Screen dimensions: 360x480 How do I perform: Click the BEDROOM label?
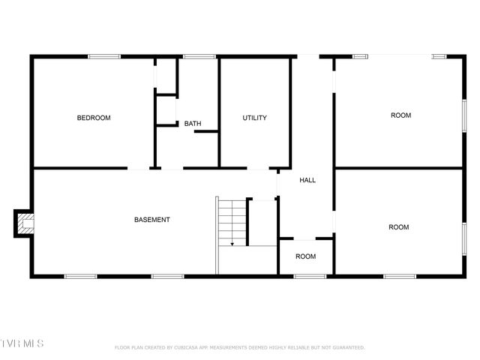click(94, 118)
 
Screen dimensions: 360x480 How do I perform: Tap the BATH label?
click(193, 124)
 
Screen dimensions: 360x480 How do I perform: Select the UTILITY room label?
click(254, 118)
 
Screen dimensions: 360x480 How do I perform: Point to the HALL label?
click(307, 180)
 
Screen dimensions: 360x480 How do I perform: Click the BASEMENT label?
click(151, 220)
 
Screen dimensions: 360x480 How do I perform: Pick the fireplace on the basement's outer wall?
click(25, 223)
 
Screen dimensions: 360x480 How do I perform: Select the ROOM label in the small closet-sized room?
click(305, 256)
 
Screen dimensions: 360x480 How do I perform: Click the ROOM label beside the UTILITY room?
click(400, 115)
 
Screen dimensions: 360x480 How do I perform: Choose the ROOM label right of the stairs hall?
click(398, 226)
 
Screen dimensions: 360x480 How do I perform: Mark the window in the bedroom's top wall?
click(104, 56)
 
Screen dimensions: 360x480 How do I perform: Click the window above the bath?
click(199, 56)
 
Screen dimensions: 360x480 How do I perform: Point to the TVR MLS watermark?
click(22, 343)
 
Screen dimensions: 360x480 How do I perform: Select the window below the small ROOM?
click(309, 276)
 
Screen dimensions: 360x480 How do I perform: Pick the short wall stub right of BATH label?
click(206, 132)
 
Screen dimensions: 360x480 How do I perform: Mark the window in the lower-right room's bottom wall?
click(400, 276)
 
